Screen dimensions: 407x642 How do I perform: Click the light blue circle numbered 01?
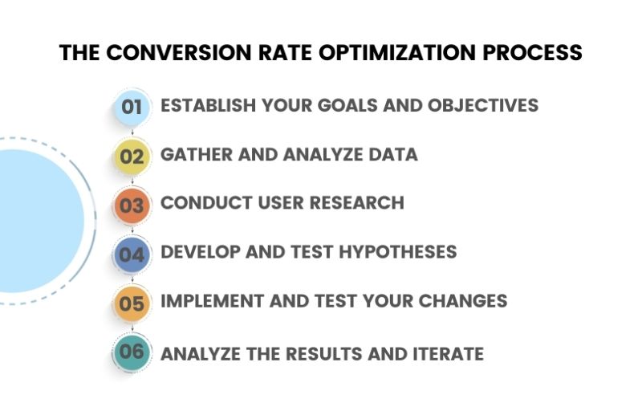(x=131, y=107)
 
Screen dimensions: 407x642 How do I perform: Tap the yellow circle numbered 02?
(x=131, y=156)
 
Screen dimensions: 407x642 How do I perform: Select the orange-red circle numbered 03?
(x=131, y=205)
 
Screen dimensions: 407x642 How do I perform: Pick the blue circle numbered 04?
(x=131, y=254)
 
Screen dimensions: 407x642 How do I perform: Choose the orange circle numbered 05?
(x=131, y=303)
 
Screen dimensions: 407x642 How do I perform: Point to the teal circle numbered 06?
(x=131, y=352)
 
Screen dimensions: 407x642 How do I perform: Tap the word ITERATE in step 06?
(x=444, y=353)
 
